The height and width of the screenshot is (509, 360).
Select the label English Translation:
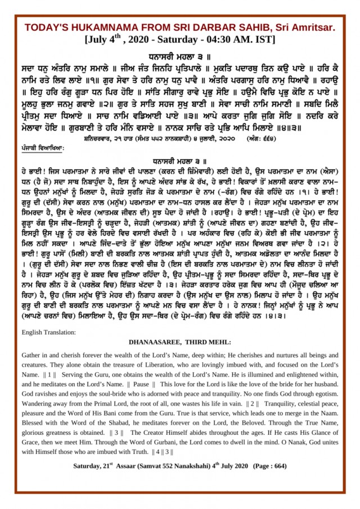(x=48, y=332)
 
